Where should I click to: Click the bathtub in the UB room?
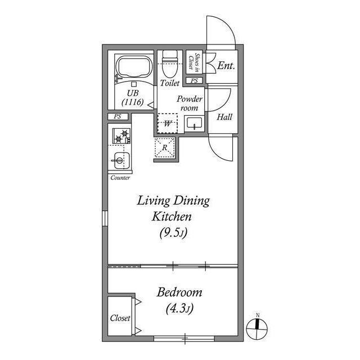point(133,68)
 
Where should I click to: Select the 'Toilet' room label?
point(170,83)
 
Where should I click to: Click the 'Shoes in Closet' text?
point(194,61)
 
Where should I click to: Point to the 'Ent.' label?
point(226,66)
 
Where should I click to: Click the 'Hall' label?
point(225,118)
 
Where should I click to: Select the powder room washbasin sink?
point(194,123)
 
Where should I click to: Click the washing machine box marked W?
point(168,123)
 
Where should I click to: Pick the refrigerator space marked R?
point(165,147)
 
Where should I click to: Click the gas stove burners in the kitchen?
point(120,136)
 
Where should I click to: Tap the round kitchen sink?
point(119,160)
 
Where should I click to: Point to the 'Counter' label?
point(120,178)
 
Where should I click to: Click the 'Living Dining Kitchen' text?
point(173,208)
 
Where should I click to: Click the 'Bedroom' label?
point(179,293)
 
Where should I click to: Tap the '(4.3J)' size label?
point(180,308)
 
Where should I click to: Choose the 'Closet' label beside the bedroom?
point(120,318)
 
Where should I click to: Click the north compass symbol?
point(258,325)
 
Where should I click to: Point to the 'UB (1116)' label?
point(133,98)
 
